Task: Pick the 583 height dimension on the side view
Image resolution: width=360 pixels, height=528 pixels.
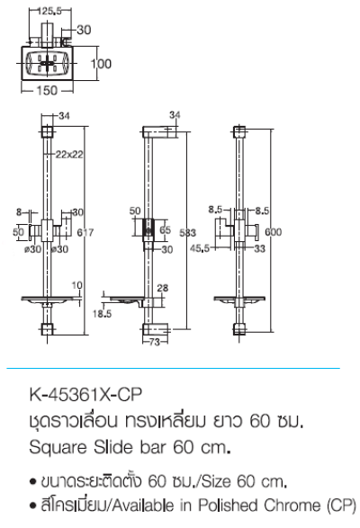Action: (187, 232)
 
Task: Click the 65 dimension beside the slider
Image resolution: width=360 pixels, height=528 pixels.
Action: (165, 230)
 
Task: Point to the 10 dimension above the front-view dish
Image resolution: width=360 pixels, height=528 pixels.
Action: (77, 285)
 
